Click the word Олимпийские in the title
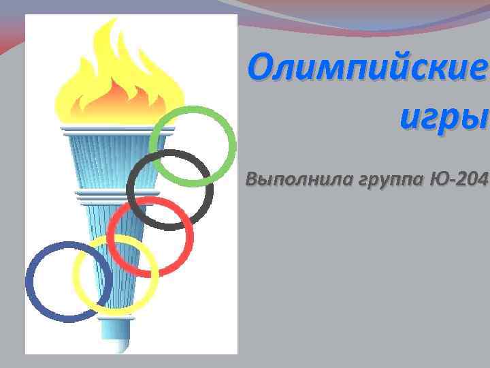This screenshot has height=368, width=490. coord(368,69)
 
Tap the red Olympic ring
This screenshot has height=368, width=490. coord(112,239)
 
